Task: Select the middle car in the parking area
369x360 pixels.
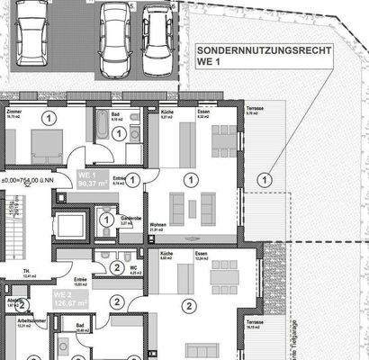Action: point(115,33)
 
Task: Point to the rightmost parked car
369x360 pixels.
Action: point(159,33)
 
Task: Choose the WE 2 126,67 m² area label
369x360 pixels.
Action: point(67,298)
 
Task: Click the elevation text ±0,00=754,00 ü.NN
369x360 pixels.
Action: point(29,180)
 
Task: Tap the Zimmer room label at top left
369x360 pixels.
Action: point(13,112)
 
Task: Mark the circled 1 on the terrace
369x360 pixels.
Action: point(264,180)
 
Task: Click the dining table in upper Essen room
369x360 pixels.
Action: point(220,137)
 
